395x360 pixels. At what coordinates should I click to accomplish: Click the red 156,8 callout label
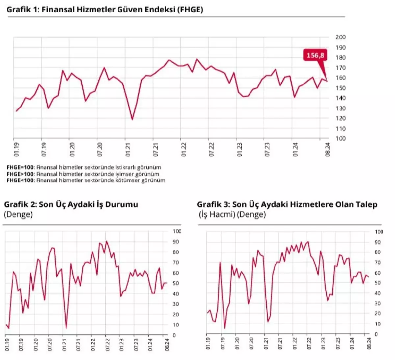(x=315, y=55)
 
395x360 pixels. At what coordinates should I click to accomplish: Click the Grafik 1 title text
(x=105, y=10)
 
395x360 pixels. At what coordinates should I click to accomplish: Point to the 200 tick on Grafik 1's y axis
(x=340, y=37)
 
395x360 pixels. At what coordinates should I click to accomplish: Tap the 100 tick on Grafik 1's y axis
(x=340, y=138)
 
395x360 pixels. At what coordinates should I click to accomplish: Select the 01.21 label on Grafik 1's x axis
(x=128, y=150)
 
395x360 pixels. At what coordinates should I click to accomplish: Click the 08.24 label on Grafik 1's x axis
(x=328, y=150)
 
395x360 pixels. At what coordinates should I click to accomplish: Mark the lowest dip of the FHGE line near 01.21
(x=132, y=119)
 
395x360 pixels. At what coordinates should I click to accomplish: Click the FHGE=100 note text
(x=84, y=167)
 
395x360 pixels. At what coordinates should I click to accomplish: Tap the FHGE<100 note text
(x=86, y=180)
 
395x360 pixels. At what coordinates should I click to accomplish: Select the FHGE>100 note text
(x=83, y=174)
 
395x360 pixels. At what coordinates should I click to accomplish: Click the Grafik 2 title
(x=71, y=204)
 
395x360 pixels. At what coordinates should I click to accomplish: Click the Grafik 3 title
(x=287, y=204)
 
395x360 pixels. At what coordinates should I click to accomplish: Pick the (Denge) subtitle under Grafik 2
(x=18, y=215)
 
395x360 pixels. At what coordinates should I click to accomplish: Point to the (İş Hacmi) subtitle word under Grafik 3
(x=217, y=215)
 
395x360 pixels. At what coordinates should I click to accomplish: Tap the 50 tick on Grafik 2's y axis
(x=176, y=283)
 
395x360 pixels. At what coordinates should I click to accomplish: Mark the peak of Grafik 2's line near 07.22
(x=106, y=241)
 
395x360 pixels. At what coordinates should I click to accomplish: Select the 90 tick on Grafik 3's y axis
(x=377, y=242)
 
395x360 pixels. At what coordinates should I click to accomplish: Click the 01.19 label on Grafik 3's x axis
(x=208, y=344)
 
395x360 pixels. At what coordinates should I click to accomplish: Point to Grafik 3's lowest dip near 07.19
(x=225, y=328)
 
